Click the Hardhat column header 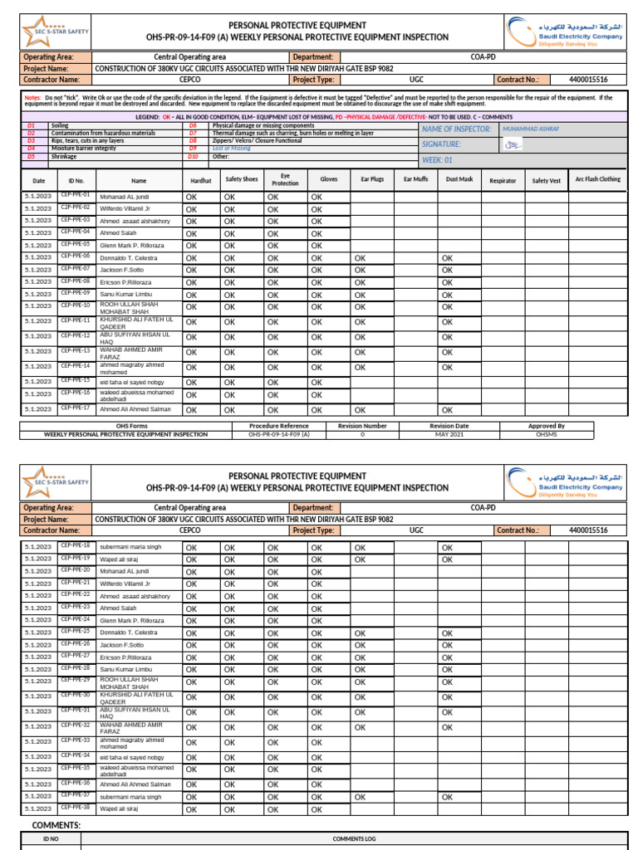(x=201, y=179)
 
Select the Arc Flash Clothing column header (x=597, y=179)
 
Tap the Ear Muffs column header (x=415, y=179)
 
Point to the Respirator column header (x=503, y=180)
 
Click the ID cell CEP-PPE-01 (x=76, y=195)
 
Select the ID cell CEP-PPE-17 (x=76, y=408)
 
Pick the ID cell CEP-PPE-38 (x=76, y=807)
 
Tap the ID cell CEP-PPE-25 (x=76, y=631)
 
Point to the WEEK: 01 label (x=438, y=159)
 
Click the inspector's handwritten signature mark (x=514, y=145)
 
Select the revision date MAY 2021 (x=449, y=433)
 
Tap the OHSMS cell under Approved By (x=547, y=433)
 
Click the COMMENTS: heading (x=56, y=825)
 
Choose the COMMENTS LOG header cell (x=354, y=839)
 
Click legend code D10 (x=193, y=156)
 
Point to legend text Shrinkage (x=64, y=156)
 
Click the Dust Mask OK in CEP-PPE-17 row (x=447, y=410)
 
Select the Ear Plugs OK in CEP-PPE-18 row (x=360, y=548)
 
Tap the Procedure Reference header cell (x=278, y=426)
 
